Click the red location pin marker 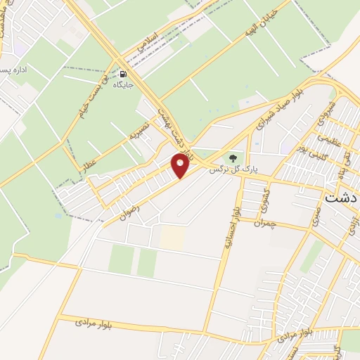click(181, 166)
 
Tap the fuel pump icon click(124, 73)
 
